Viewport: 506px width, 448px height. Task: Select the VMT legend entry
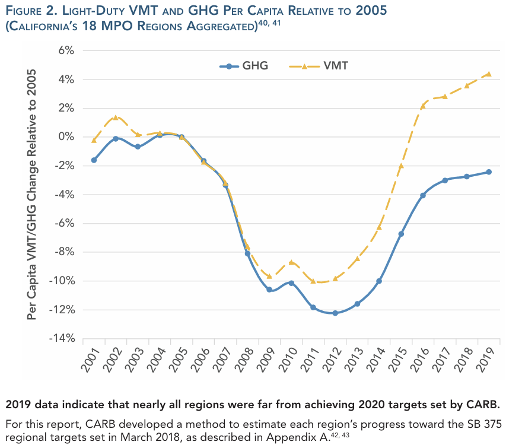(319, 66)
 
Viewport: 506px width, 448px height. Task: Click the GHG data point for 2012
(335, 313)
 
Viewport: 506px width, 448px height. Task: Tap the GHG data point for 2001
(94, 160)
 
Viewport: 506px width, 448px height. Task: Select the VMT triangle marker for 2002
(116, 117)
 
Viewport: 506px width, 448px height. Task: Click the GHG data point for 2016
(423, 195)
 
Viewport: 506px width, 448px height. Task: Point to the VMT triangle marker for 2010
(291, 262)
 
